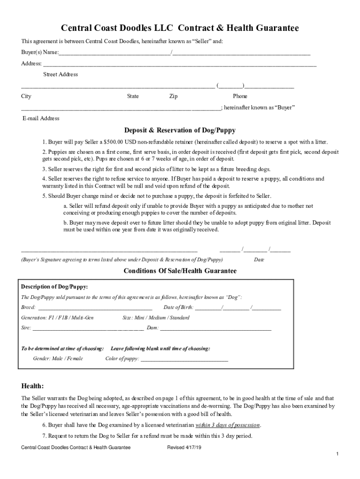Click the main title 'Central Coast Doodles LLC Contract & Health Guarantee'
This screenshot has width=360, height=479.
click(180, 29)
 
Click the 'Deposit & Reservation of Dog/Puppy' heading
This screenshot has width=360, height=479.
click(180, 130)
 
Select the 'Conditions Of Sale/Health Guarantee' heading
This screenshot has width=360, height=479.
click(180, 271)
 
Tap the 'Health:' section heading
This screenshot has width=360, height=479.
click(33, 386)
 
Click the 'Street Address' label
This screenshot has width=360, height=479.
click(61, 74)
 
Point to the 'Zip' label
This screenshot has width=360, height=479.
click(173, 96)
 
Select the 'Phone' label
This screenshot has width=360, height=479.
click(240, 96)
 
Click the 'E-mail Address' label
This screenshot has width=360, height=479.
click(41, 118)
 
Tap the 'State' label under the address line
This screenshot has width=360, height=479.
click(133, 96)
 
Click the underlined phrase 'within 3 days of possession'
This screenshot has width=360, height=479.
click(228, 425)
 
